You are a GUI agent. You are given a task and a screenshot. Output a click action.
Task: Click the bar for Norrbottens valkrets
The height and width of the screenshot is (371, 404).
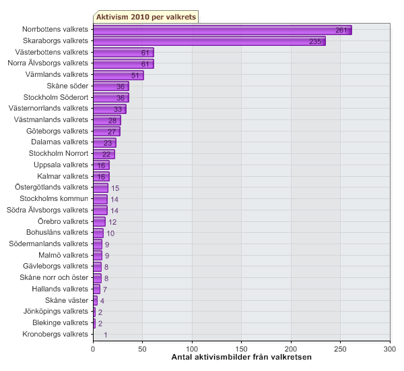click(x=222, y=30)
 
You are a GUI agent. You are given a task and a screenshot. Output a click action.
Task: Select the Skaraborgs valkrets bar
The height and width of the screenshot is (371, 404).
click(x=209, y=41)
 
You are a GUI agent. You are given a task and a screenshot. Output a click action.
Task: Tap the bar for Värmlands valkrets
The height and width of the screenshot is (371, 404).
click(x=118, y=75)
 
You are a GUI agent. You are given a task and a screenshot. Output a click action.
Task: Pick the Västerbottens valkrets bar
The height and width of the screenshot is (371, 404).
click(x=123, y=53)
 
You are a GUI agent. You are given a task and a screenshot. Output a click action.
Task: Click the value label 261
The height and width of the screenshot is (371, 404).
click(x=341, y=30)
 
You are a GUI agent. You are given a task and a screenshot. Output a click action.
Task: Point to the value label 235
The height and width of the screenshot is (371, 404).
click(x=315, y=42)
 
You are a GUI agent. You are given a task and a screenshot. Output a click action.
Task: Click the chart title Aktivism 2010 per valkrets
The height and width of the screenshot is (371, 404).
click(x=145, y=16)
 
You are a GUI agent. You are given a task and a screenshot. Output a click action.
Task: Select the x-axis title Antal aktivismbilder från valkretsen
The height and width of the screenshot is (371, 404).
click(x=242, y=357)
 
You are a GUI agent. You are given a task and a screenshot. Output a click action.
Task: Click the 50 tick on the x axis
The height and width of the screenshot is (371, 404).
click(x=143, y=349)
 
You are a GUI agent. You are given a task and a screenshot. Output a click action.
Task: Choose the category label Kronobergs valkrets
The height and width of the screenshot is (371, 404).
click(x=55, y=334)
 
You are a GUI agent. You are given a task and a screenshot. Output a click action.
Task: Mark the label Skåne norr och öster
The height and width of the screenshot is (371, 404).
click(x=54, y=277)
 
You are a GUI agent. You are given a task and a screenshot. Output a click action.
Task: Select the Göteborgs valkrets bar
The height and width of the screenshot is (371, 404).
click(x=106, y=131)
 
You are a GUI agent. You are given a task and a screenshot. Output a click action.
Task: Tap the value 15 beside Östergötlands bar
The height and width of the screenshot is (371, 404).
click(x=115, y=188)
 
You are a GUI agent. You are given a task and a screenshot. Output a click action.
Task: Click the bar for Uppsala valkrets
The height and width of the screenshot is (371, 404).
click(x=101, y=165)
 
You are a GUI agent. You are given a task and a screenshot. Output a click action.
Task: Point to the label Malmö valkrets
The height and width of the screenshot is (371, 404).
click(x=64, y=255)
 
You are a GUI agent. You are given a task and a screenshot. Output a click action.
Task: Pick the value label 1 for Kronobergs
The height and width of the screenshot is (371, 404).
click(x=105, y=335)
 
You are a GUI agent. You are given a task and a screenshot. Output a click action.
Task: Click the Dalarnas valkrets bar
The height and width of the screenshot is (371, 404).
click(x=104, y=142)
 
